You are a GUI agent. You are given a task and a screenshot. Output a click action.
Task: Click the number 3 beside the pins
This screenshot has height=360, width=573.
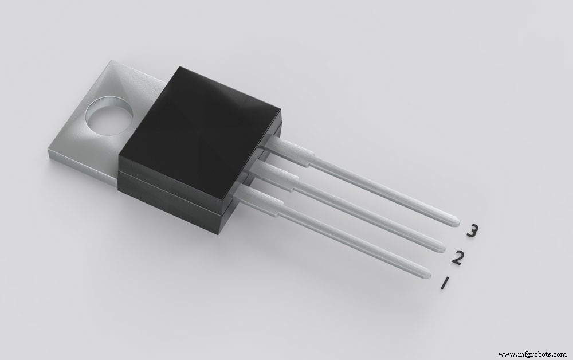472,232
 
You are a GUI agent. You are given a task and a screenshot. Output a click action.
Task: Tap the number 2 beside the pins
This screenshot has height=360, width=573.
457,258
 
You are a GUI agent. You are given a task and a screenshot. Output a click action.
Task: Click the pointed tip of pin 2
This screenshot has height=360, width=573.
441,247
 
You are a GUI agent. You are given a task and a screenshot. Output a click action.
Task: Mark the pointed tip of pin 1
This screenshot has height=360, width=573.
429,275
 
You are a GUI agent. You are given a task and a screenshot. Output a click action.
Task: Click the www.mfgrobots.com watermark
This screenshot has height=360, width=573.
532,354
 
